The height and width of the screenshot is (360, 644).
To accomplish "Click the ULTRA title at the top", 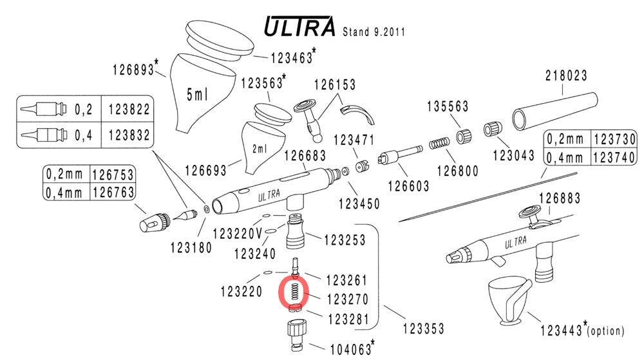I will pos(300,26).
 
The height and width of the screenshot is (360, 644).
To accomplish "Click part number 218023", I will pos(566,75).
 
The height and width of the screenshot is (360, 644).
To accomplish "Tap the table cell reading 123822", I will pos(129,109).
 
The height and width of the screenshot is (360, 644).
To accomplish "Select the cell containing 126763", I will pos(113,193).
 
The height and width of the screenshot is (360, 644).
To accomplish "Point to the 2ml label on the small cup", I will pos(260,149).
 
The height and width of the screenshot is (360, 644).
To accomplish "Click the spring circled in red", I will pos(293,290).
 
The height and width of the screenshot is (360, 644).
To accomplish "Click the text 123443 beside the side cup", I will pos(562,331).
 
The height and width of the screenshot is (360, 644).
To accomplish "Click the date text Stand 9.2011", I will pos(375,31).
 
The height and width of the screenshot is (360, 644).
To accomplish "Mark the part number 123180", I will pos(191,247).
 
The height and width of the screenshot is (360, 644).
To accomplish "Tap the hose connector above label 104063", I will pos(296,333).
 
